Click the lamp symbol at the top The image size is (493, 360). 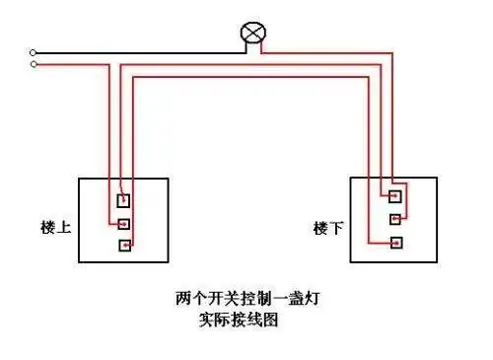point(254,34)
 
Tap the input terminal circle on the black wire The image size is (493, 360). point(34,52)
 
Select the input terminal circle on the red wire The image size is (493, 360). point(34,64)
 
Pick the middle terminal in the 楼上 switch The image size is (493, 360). point(124,224)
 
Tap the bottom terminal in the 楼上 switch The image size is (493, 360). point(124,245)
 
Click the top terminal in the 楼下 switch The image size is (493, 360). point(395,195)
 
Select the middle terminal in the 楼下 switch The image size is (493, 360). point(395,218)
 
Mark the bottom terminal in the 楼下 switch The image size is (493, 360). point(395,242)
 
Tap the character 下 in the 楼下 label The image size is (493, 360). point(336,228)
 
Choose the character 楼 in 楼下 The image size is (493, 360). point(321,228)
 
